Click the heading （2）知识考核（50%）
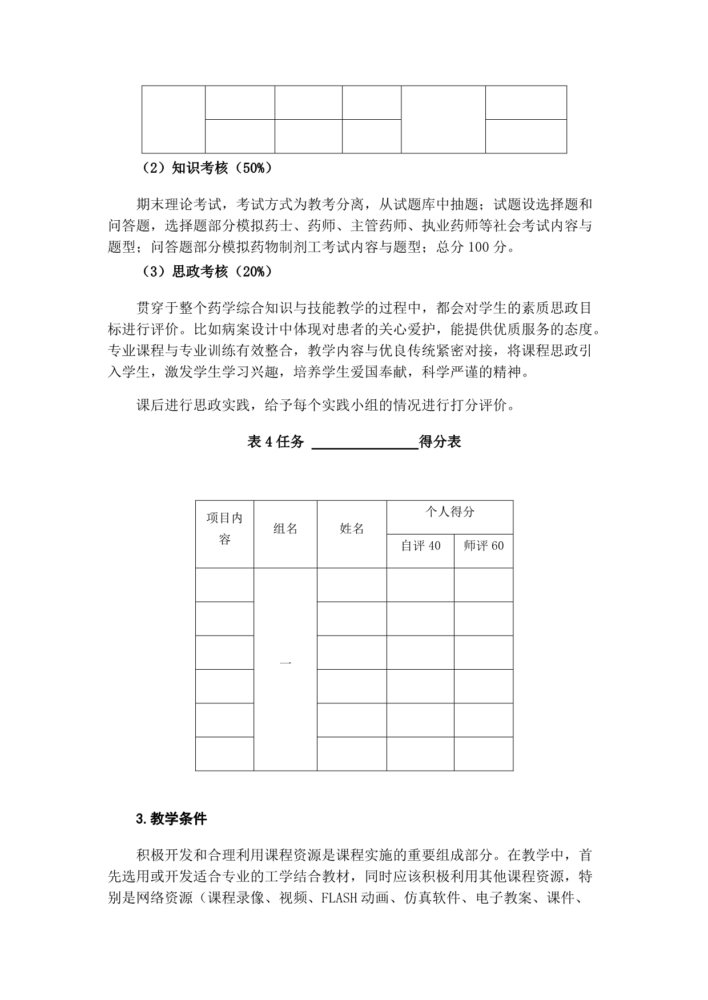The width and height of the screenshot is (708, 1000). click(x=206, y=168)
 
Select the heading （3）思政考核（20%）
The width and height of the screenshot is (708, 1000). click(x=206, y=272)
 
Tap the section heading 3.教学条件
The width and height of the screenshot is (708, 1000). click(x=172, y=819)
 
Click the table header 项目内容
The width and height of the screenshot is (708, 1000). click(x=224, y=528)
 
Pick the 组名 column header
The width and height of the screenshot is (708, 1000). click(x=285, y=529)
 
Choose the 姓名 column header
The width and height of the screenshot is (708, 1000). click(x=352, y=529)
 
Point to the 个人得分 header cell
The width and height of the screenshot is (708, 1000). click(x=449, y=512)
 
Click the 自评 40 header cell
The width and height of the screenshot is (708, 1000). click(x=421, y=546)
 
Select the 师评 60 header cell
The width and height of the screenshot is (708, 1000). click(x=484, y=546)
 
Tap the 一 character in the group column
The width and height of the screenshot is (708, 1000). click(x=285, y=663)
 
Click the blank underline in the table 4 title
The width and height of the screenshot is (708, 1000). click(x=365, y=443)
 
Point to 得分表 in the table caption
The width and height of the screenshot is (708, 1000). click(x=440, y=442)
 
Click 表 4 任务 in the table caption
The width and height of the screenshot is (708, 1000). click(x=276, y=442)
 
